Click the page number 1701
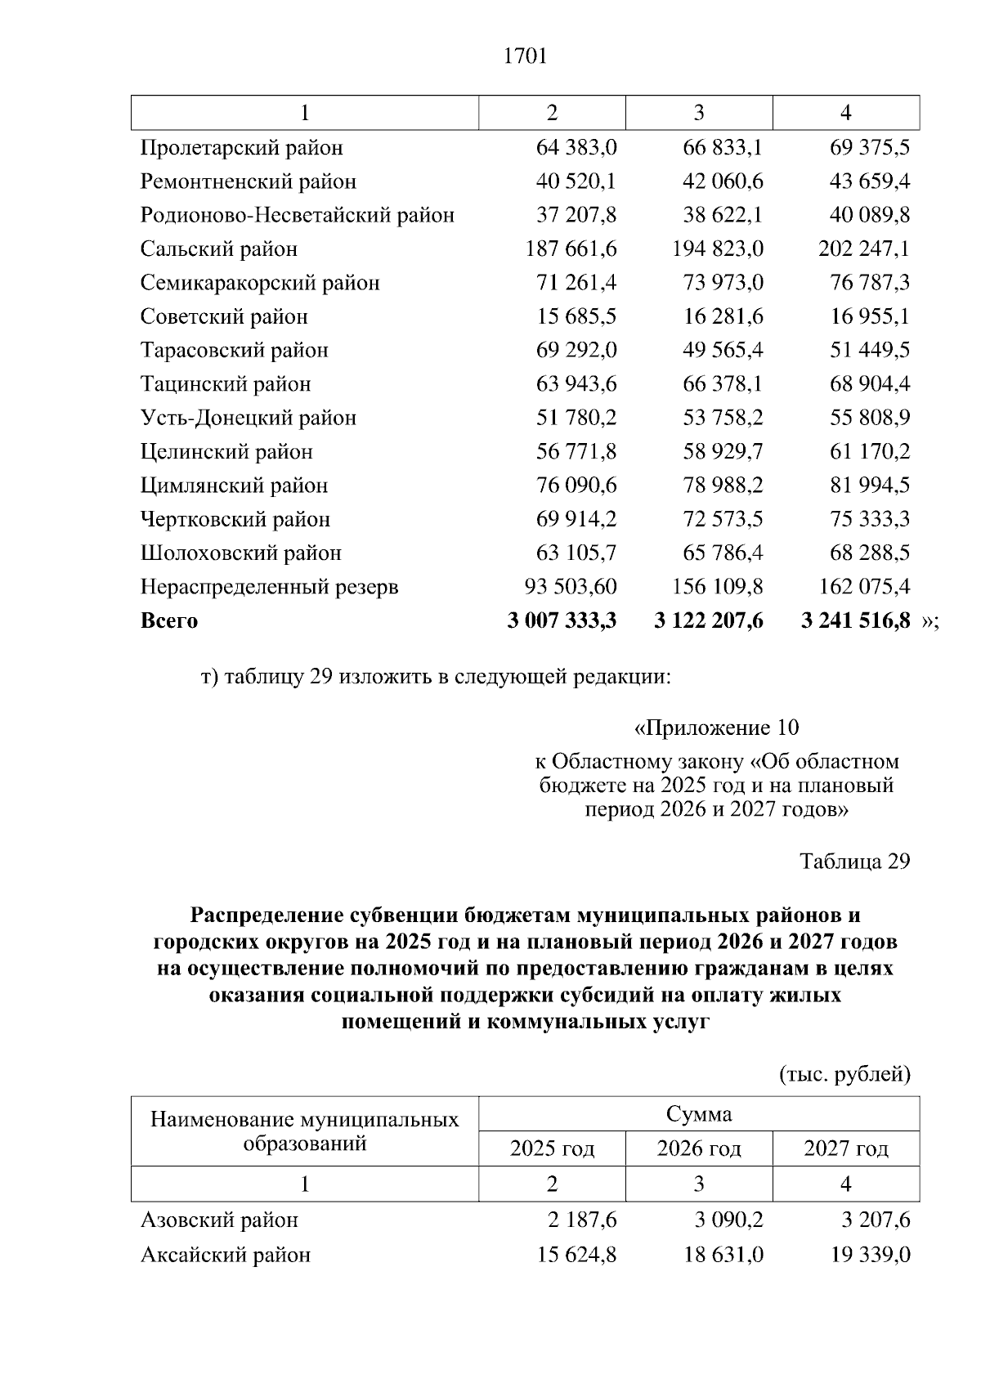click(525, 56)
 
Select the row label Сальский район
click(218, 248)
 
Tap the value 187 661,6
click(571, 248)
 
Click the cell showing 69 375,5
click(869, 148)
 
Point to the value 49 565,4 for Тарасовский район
click(723, 350)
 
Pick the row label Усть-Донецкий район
click(249, 418)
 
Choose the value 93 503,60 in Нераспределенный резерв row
click(570, 587)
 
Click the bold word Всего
click(169, 620)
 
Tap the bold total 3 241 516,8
click(855, 620)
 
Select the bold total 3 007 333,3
click(562, 620)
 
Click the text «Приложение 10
click(716, 728)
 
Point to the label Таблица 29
click(854, 862)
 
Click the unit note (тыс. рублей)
click(844, 1073)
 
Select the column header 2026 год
click(699, 1148)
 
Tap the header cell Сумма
click(699, 1114)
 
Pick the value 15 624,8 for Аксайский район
click(576, 1254)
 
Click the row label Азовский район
click(219, 1220)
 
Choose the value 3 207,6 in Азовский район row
click(876, 1220)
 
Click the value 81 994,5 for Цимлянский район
click(869, 486)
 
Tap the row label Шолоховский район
click(240, 553)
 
